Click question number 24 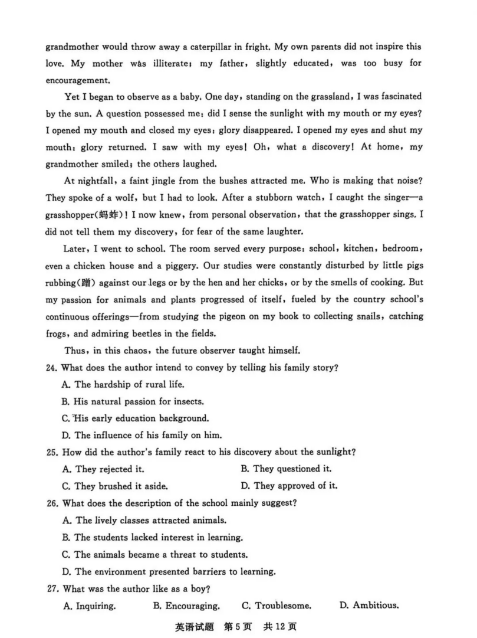pos(52,368)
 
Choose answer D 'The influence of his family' pos(142,436)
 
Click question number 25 pos(52,452)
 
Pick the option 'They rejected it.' pos(103,469)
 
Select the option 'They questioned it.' pos(286,469)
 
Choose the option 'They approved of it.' pos(289,486)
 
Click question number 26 pos(52,503)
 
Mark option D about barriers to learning pos(168,571)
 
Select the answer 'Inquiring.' pos(89,606)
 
